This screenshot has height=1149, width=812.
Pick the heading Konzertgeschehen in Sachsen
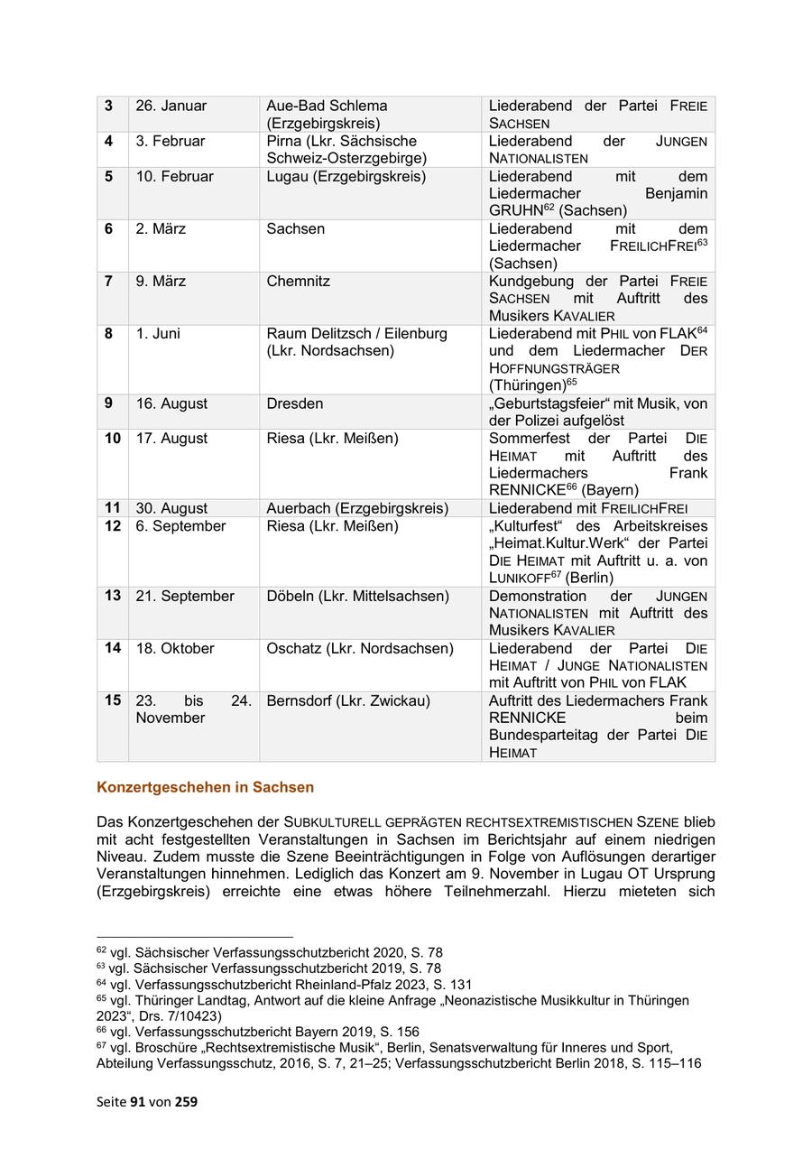click(x=205, y=787)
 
